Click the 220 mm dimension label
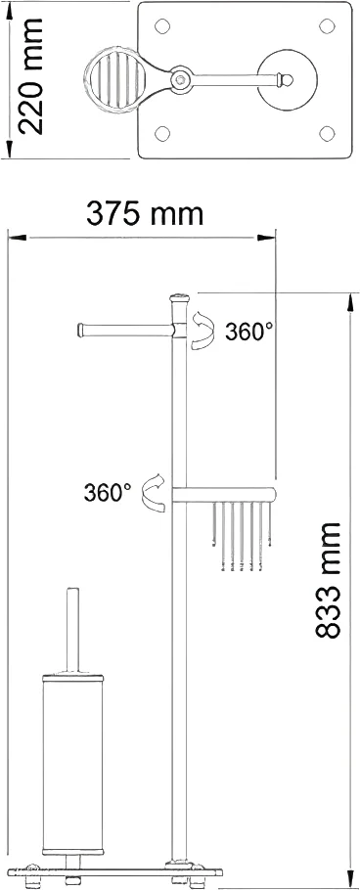pyautogui.click(x=30, y=75)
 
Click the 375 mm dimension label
pyautogui.click(x=144, y=214)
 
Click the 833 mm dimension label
pyautogui.click(x=327, y=581)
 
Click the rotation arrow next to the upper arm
pyautogui.click(x=203, y=329)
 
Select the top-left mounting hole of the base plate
pyautogui.click(x=162, y=26)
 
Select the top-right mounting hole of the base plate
pyautogui.click(x=327, y=26)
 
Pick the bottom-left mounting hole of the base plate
pyautogui.click(x=162, y=134)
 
